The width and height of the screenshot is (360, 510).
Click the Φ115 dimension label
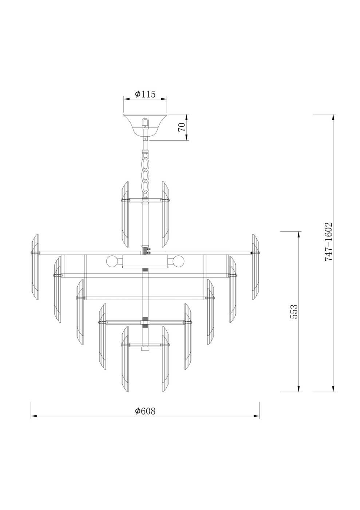click(x=145, y=94)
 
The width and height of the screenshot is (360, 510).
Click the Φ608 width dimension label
click(x=145, y=411)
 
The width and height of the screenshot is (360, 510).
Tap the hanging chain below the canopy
click(x=145, y=171)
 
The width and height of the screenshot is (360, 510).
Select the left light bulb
click(x=111, y=261)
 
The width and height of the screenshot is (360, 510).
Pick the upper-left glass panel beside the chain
click(x=124, y=214)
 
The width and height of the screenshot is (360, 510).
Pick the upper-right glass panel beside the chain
click(x=166, y=214)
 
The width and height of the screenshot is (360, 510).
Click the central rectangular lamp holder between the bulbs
click(x=145, y=261)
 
